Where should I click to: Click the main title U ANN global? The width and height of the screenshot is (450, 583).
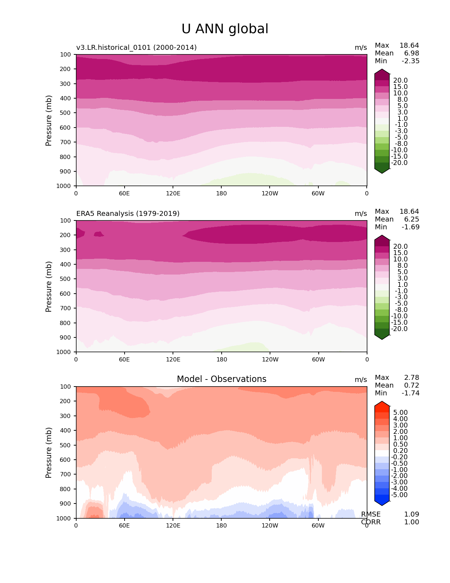tap(225, 29)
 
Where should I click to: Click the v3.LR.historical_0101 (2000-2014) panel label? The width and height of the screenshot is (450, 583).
tap(136, 47)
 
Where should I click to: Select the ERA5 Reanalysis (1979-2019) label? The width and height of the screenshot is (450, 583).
tap(128, 213)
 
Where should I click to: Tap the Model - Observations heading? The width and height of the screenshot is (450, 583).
tap(221, 379)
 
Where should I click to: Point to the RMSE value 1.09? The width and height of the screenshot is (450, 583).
tap(412, 514)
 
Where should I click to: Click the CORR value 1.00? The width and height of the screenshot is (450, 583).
tap(412, 522)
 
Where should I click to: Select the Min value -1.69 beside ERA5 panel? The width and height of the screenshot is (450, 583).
tap(410, 227)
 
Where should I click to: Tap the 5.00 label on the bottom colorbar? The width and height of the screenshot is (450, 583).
tap(400, 412)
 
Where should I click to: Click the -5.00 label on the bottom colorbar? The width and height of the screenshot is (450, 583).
tap(400, 495)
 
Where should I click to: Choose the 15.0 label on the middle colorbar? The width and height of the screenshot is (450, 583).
tap(400, 253)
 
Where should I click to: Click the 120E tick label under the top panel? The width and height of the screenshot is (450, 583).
tap(173, 193)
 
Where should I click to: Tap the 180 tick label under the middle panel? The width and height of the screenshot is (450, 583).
tap(221, 359)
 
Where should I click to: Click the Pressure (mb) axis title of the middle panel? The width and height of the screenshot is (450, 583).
tap(49, 286)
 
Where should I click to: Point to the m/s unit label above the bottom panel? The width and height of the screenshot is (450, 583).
tap(361, 379)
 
